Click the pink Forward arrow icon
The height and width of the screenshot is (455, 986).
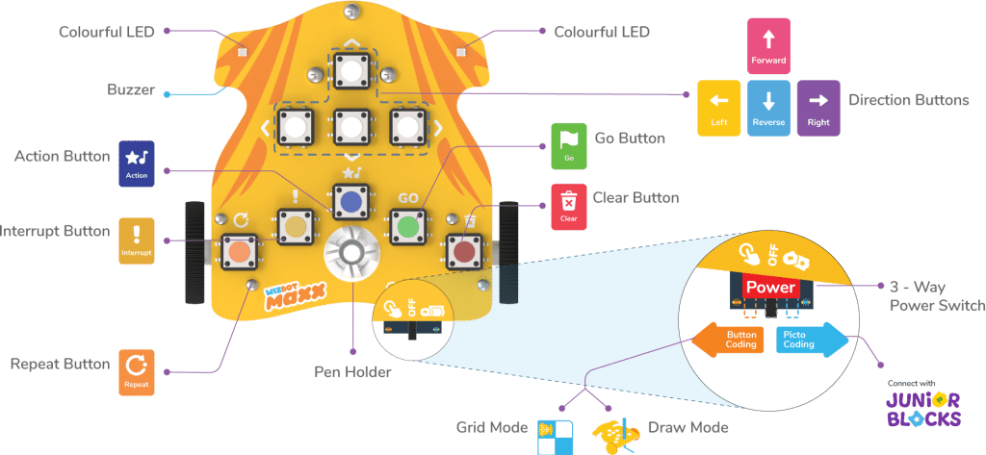pos(767,44)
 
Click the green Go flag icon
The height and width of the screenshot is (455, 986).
pos(568,146)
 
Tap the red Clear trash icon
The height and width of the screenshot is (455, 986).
pos(568,204)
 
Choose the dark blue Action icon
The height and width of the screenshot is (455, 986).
pos(136,162)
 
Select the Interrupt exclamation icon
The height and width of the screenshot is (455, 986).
pos(137,240)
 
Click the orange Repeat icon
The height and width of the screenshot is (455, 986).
pos(136,372)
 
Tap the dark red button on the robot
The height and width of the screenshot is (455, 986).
pos(465,253)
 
